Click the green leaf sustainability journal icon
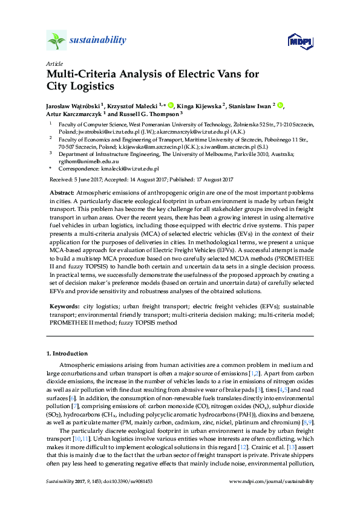tap(56, 41)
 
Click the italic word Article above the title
tap(54, 63)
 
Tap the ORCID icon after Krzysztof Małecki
tap(171, 104)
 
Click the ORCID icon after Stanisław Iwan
tap(281, 104)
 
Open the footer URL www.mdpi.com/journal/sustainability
tap(272, 482)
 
